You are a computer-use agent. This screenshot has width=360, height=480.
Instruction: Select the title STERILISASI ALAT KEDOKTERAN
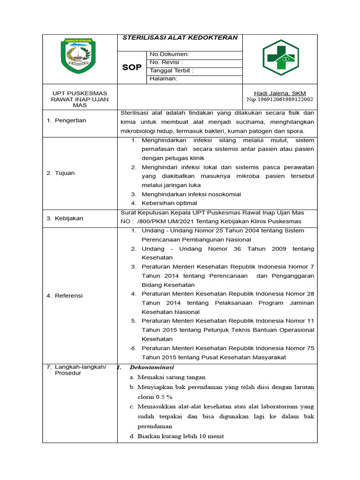tap(180, 38)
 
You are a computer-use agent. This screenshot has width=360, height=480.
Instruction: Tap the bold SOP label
tap(132, 67)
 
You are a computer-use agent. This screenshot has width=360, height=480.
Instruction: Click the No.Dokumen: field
tap(169, 54)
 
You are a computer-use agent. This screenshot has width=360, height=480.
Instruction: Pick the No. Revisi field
tap(166, 62)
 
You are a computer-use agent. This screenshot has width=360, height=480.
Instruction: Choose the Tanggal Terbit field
tap(171, 71)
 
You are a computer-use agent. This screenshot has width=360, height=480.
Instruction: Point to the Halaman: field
tap(163, 79)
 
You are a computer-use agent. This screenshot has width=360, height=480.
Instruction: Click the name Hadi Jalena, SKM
tap(280, 93)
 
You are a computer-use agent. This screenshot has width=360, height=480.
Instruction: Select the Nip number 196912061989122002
tap(280, 99)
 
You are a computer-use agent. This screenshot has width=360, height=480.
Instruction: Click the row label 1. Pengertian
tap(66, 120)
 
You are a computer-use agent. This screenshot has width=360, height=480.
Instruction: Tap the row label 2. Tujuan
tap(60, 173)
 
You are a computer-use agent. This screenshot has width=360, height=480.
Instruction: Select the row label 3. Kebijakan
tap(65, 218)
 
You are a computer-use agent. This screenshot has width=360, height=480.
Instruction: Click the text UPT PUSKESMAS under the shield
tap(80, 93)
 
